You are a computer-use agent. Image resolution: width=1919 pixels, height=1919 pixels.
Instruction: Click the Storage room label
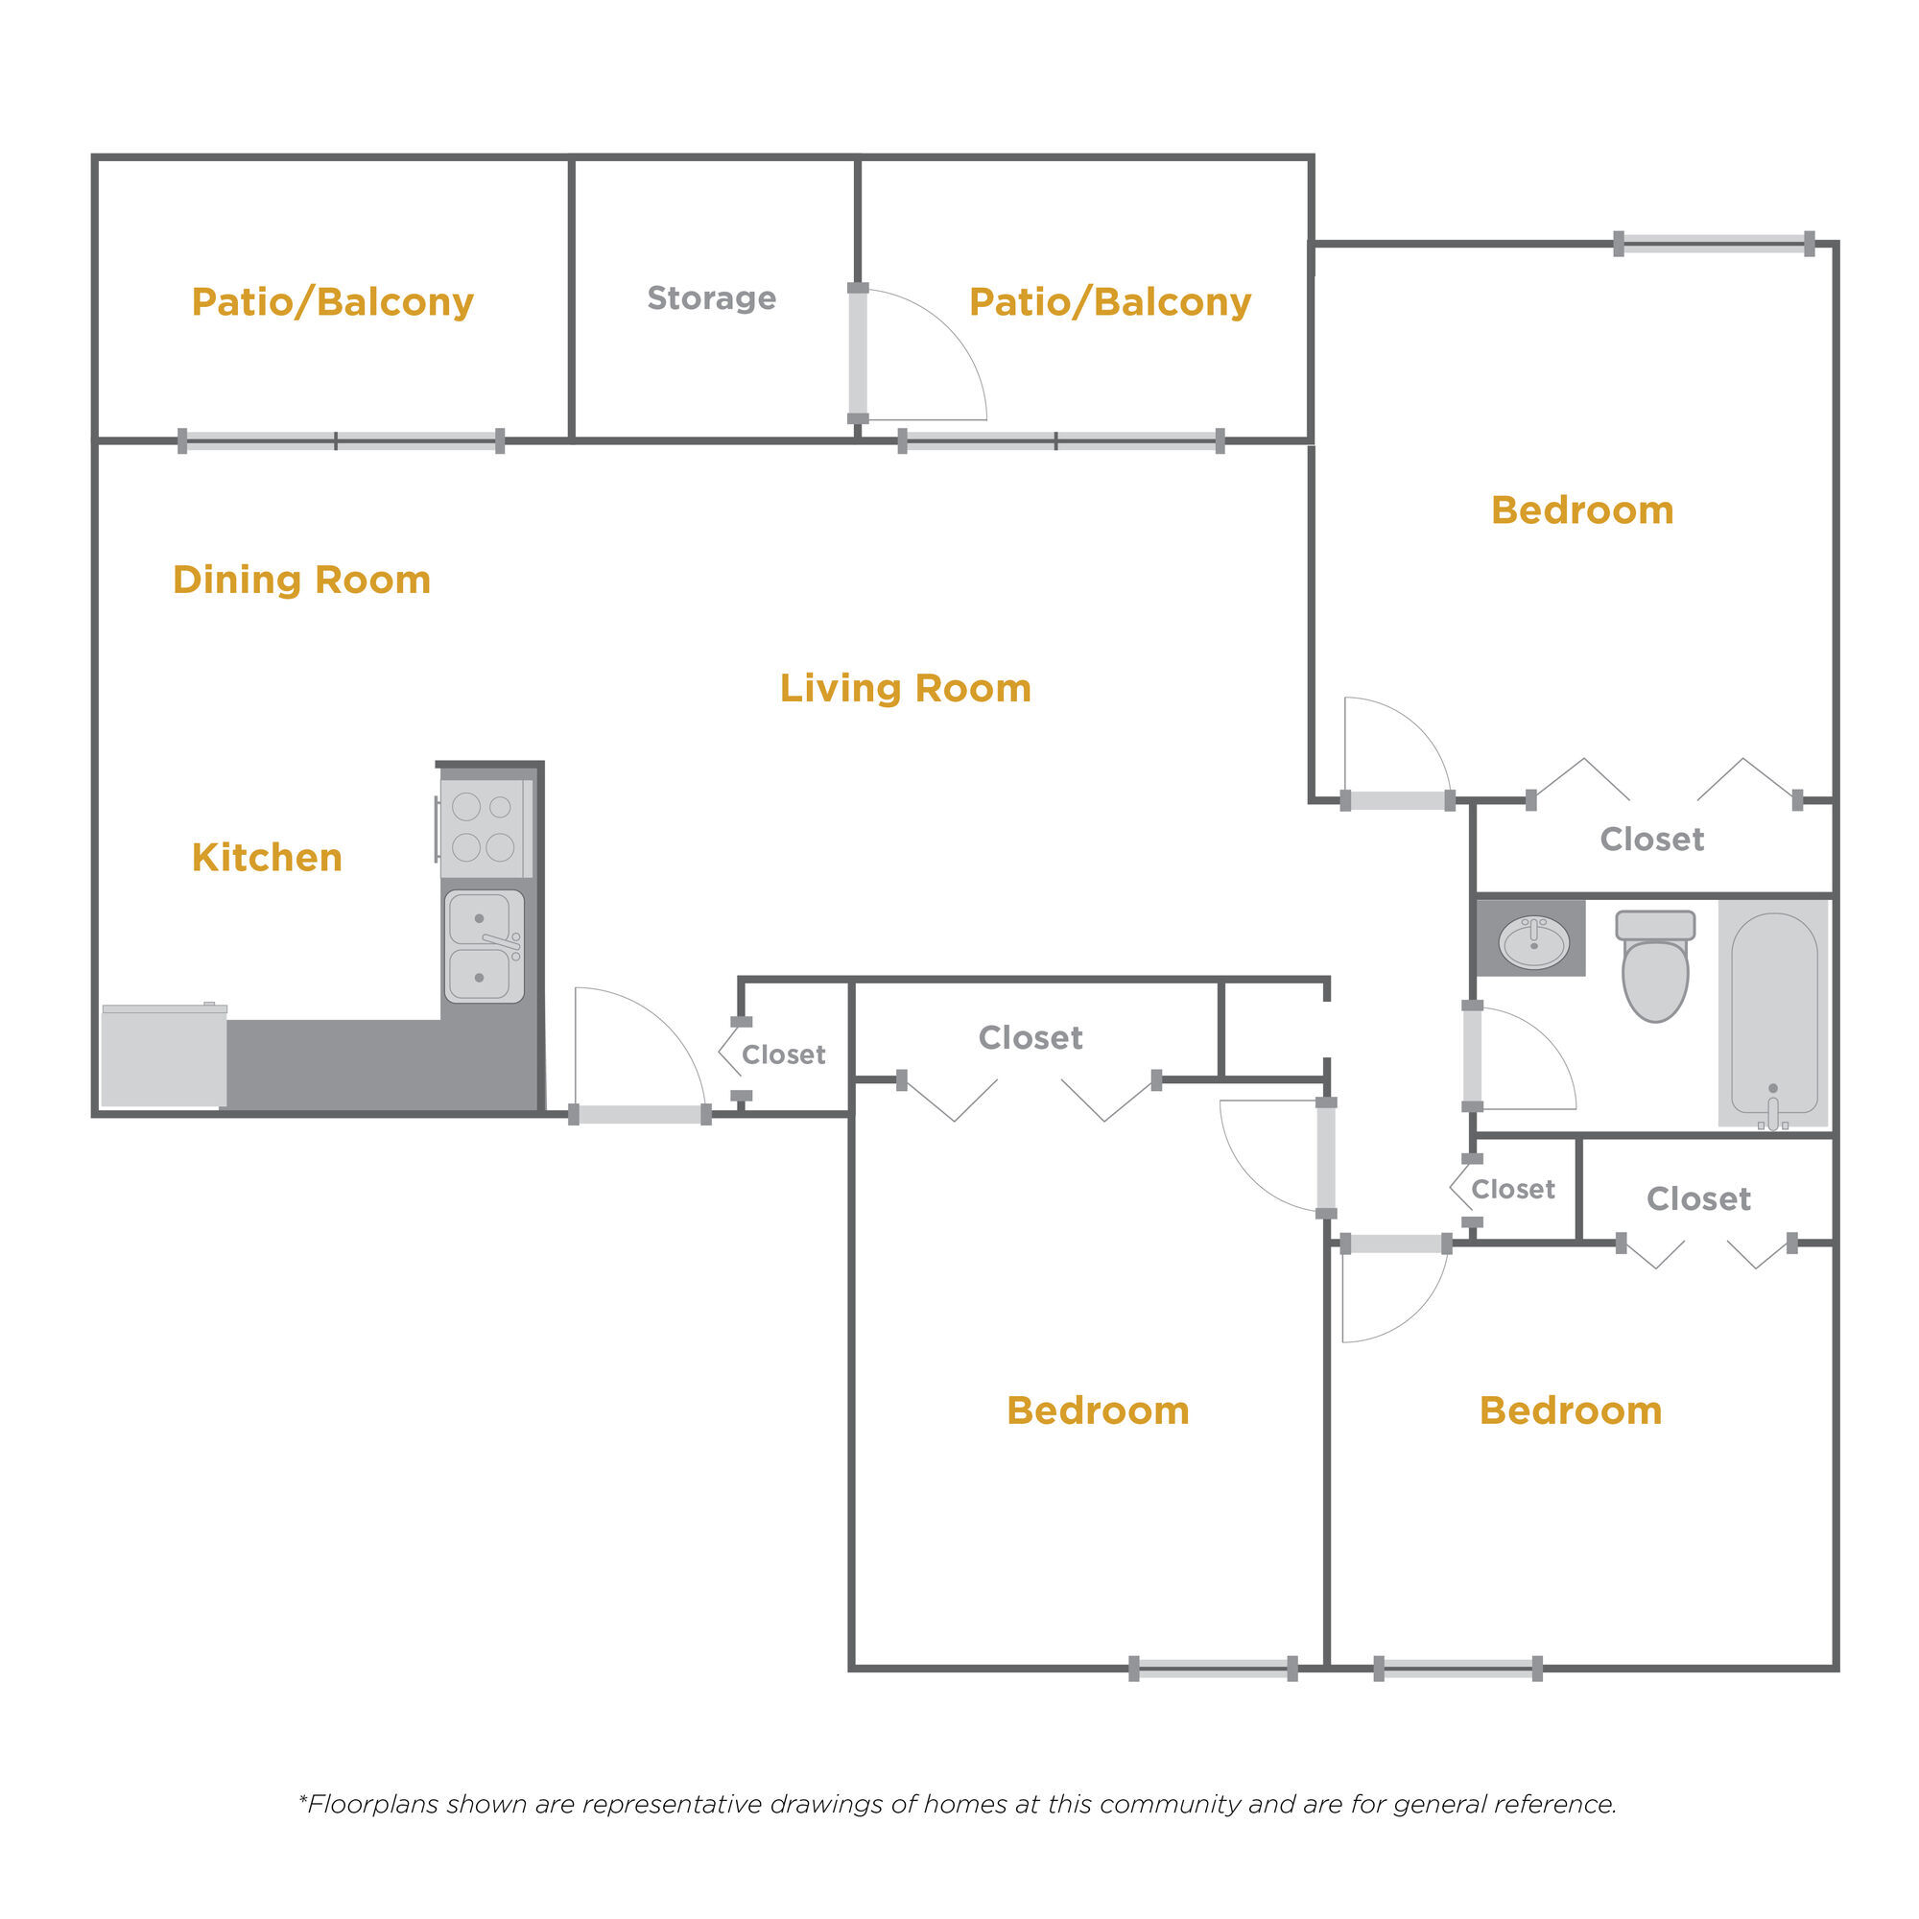(x=711, y=298)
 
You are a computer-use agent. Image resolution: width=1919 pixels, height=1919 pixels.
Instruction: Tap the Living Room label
(x=905, y=687)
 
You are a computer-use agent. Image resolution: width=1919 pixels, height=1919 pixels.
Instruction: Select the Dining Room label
(x=302, y=580)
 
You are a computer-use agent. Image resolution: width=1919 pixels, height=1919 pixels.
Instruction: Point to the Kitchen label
(x=267, y=857)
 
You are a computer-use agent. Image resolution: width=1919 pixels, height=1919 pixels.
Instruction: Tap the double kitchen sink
(x=484, y=947)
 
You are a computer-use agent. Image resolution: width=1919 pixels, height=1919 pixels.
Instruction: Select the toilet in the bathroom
(x=1655, y=965)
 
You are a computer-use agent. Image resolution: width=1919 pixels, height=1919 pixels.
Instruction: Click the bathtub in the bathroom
(x=1774, y=1013)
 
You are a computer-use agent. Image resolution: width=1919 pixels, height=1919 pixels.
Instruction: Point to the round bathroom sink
(x=1533, y=940)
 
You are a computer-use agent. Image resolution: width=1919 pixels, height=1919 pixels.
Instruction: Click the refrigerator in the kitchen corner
(x=164, y=1054)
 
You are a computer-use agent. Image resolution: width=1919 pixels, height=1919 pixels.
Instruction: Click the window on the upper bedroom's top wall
(x=1714, y=244)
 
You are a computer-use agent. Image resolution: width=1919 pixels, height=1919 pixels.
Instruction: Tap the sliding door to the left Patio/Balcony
(x=341, y=441)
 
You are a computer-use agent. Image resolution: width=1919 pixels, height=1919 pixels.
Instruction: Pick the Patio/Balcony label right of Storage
(x=1109, y=302)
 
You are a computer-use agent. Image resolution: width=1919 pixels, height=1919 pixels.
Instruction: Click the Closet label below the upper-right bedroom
(x=1652, y=840)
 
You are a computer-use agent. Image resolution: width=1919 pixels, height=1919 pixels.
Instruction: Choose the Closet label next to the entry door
(x=783, y=1054)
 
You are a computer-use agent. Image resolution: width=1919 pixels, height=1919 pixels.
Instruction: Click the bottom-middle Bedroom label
(x=1098, y=1410)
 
